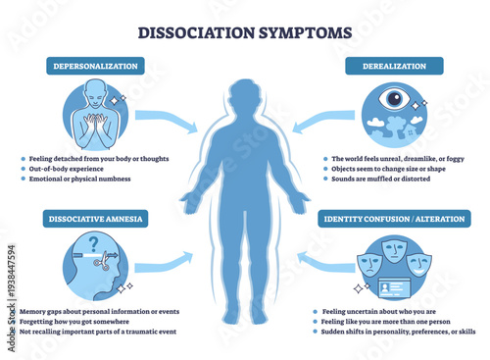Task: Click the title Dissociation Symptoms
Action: (244, 31)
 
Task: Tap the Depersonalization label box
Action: (96, 66)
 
